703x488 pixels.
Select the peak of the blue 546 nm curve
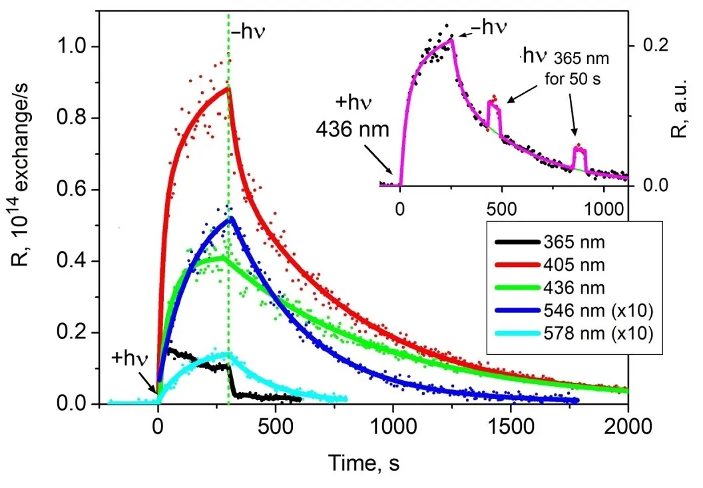click(x=231, y=218)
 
